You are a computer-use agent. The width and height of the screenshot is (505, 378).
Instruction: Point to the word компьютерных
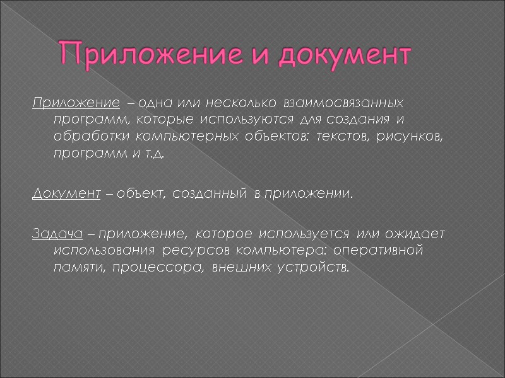(x=185, y=137)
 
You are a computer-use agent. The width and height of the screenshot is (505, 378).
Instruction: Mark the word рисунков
(x=417, y=137)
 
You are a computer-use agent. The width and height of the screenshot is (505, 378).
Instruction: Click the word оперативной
(x=386, y=251)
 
